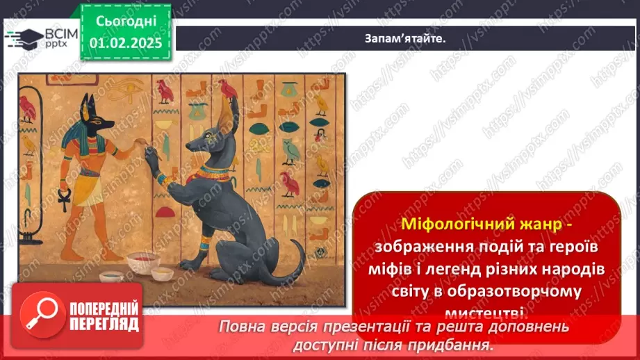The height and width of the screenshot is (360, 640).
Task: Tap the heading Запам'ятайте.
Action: click(405, 38)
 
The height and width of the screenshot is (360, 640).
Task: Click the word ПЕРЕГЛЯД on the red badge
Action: click(104, 324)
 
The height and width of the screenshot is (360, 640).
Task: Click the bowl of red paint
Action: click(142, 261)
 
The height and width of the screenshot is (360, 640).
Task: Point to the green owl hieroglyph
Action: click(291, 150)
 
